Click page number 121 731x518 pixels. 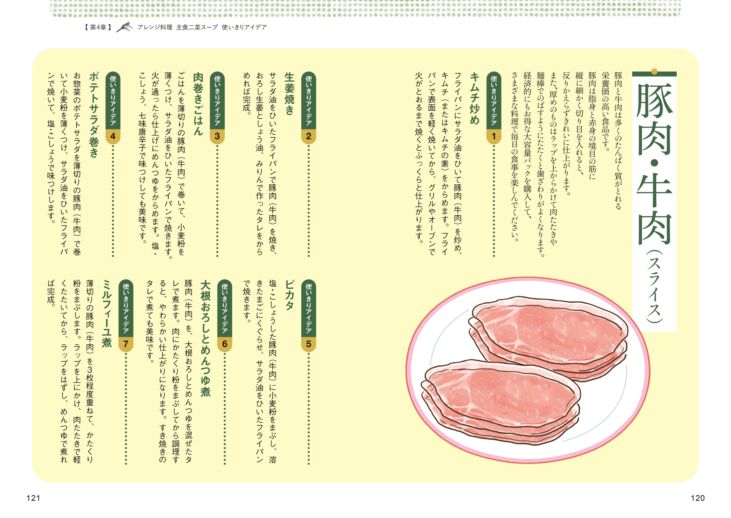33,498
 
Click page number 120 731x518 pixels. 697,498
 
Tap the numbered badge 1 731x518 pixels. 494,136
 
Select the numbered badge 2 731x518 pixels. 309,136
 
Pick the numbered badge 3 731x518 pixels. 217,136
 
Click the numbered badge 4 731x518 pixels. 113,136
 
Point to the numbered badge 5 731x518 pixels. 309,344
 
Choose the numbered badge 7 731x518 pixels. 126,344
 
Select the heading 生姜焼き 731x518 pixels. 289,93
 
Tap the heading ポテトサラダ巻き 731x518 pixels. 94,115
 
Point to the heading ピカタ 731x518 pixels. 289,295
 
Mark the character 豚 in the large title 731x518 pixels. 654,101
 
